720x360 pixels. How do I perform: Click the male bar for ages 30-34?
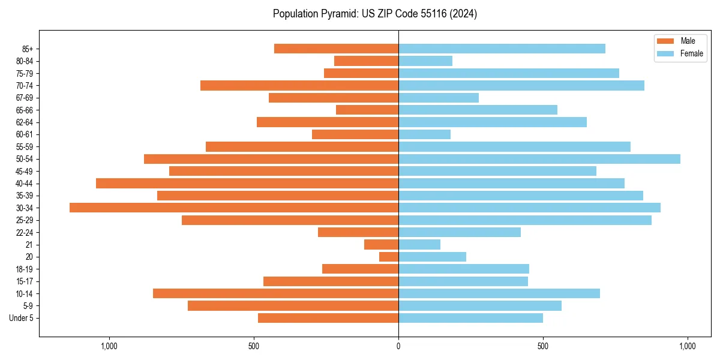pos(234,208)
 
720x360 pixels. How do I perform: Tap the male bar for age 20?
pos(389,257)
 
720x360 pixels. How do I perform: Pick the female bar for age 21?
pos(419,244)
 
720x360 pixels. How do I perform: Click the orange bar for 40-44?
pos(247,183)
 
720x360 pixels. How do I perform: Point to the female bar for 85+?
pos(502,49)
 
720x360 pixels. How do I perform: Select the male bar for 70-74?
pos(299,85)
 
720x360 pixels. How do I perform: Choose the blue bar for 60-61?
pos(424,134)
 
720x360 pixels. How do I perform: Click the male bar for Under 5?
pos(328,318)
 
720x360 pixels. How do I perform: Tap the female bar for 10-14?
pos(499,293)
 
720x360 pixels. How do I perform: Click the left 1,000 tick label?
pos(109,347)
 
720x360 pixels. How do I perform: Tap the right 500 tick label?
pos(543,347)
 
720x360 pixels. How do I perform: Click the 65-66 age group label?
pos(25,110)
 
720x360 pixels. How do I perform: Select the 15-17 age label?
pos(25,281)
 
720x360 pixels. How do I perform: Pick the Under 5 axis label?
pos(22,318)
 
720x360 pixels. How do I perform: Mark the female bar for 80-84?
pos(425,61)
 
